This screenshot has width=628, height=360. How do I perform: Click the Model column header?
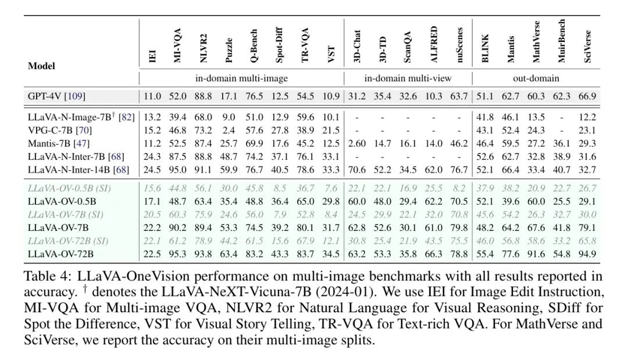[41, 66]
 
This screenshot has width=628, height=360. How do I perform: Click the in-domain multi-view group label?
[407, 78]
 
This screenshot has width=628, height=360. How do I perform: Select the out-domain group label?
[536, 78]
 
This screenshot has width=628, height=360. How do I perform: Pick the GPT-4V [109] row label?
[56, 96]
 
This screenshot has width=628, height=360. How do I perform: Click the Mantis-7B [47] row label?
[58, 142]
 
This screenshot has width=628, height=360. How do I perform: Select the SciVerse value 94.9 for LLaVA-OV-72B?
[588, 254]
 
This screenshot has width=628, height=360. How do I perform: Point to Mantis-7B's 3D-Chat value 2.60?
[356, 142]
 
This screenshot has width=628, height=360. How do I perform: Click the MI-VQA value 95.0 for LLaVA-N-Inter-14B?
[178, 170]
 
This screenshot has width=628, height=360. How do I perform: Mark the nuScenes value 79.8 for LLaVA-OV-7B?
[459, 227]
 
